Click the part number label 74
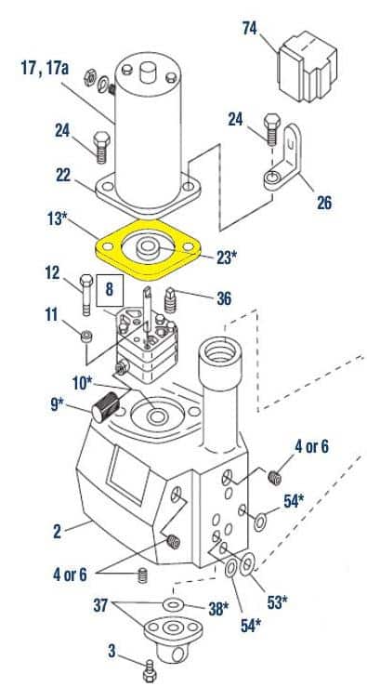(x=250, y=28)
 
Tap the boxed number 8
(x=110, y=290)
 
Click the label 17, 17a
(x=45, y=68)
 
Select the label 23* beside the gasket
(x=228, y=258)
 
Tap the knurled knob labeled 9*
(x=106, y=405)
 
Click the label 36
(x=224, y=298)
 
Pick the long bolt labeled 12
(x=86, y=295)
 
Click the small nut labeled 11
(x=86, y=336)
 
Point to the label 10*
(x=82, y=383)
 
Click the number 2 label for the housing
(x=57, y=532)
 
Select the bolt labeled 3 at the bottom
(x=149, y=671)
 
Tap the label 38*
(x=218, y=609)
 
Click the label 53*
(x=278, y=602)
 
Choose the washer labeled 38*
(x=171, y=605)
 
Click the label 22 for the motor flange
(x=63, y=176)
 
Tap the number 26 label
(x=324, y=203)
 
